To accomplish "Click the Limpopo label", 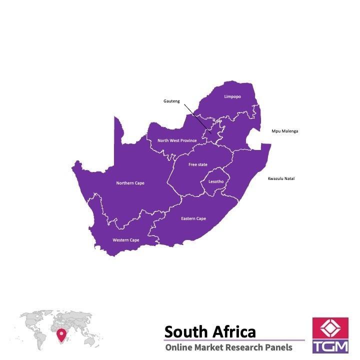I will tap(232, 96).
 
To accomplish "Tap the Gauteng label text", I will tap(171, 101).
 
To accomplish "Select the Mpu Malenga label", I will tap(285, 131).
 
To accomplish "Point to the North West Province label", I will tap(177, 140).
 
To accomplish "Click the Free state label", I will tap(197, 164).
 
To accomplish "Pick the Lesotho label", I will tap(215, 181).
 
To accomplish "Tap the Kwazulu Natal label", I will tap(281, 178).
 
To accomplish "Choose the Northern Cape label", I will tap(130, 183).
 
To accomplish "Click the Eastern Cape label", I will tap(193, 218).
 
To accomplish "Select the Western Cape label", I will tap(125, 240).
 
